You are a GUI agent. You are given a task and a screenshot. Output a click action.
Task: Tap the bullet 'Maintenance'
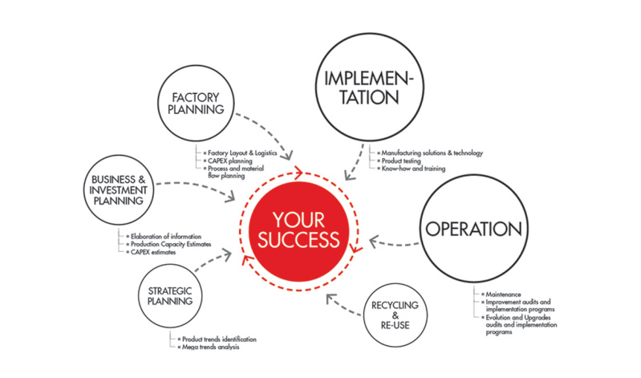[x=502, y=295]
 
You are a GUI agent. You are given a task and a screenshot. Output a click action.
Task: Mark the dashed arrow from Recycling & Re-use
[x=345, y=303]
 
